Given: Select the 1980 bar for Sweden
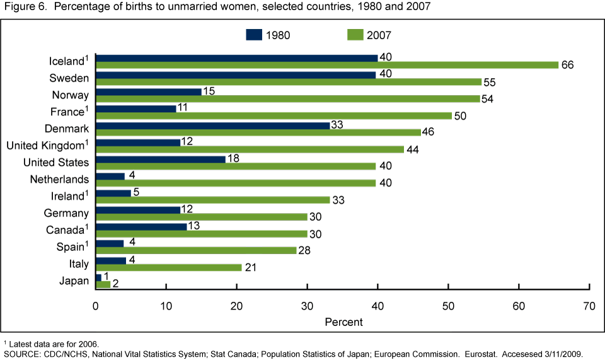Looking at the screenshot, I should point(236,75).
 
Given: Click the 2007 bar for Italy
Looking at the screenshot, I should point(168,267).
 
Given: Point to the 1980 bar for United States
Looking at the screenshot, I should point(161,159).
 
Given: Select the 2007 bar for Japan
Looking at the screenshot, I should point(103,284).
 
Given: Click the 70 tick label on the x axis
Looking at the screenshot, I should point(589,306).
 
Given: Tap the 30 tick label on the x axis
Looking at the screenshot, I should point(307,306).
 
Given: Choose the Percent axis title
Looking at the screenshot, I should point(343,322).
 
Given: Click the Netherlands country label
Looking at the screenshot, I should point(59,180).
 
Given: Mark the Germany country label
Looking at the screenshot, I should point(66,213).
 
